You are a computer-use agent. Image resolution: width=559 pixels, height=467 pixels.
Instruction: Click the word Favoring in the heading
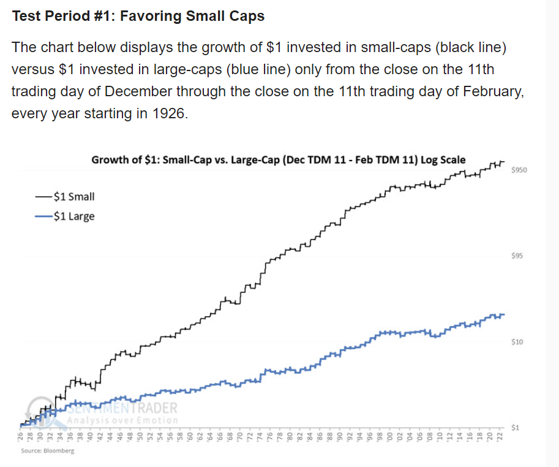(150, 16)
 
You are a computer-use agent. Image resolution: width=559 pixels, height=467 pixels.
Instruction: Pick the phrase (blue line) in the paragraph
(257, 70)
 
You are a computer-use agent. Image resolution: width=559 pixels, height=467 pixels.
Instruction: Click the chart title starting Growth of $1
(278, 160)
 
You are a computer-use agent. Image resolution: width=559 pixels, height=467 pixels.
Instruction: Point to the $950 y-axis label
(519, 170)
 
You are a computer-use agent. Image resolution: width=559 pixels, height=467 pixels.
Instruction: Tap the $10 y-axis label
(517, 341)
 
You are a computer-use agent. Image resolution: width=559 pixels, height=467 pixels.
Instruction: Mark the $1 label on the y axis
(516, 427)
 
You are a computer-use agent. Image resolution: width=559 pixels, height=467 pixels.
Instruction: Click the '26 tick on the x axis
(20, 437)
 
